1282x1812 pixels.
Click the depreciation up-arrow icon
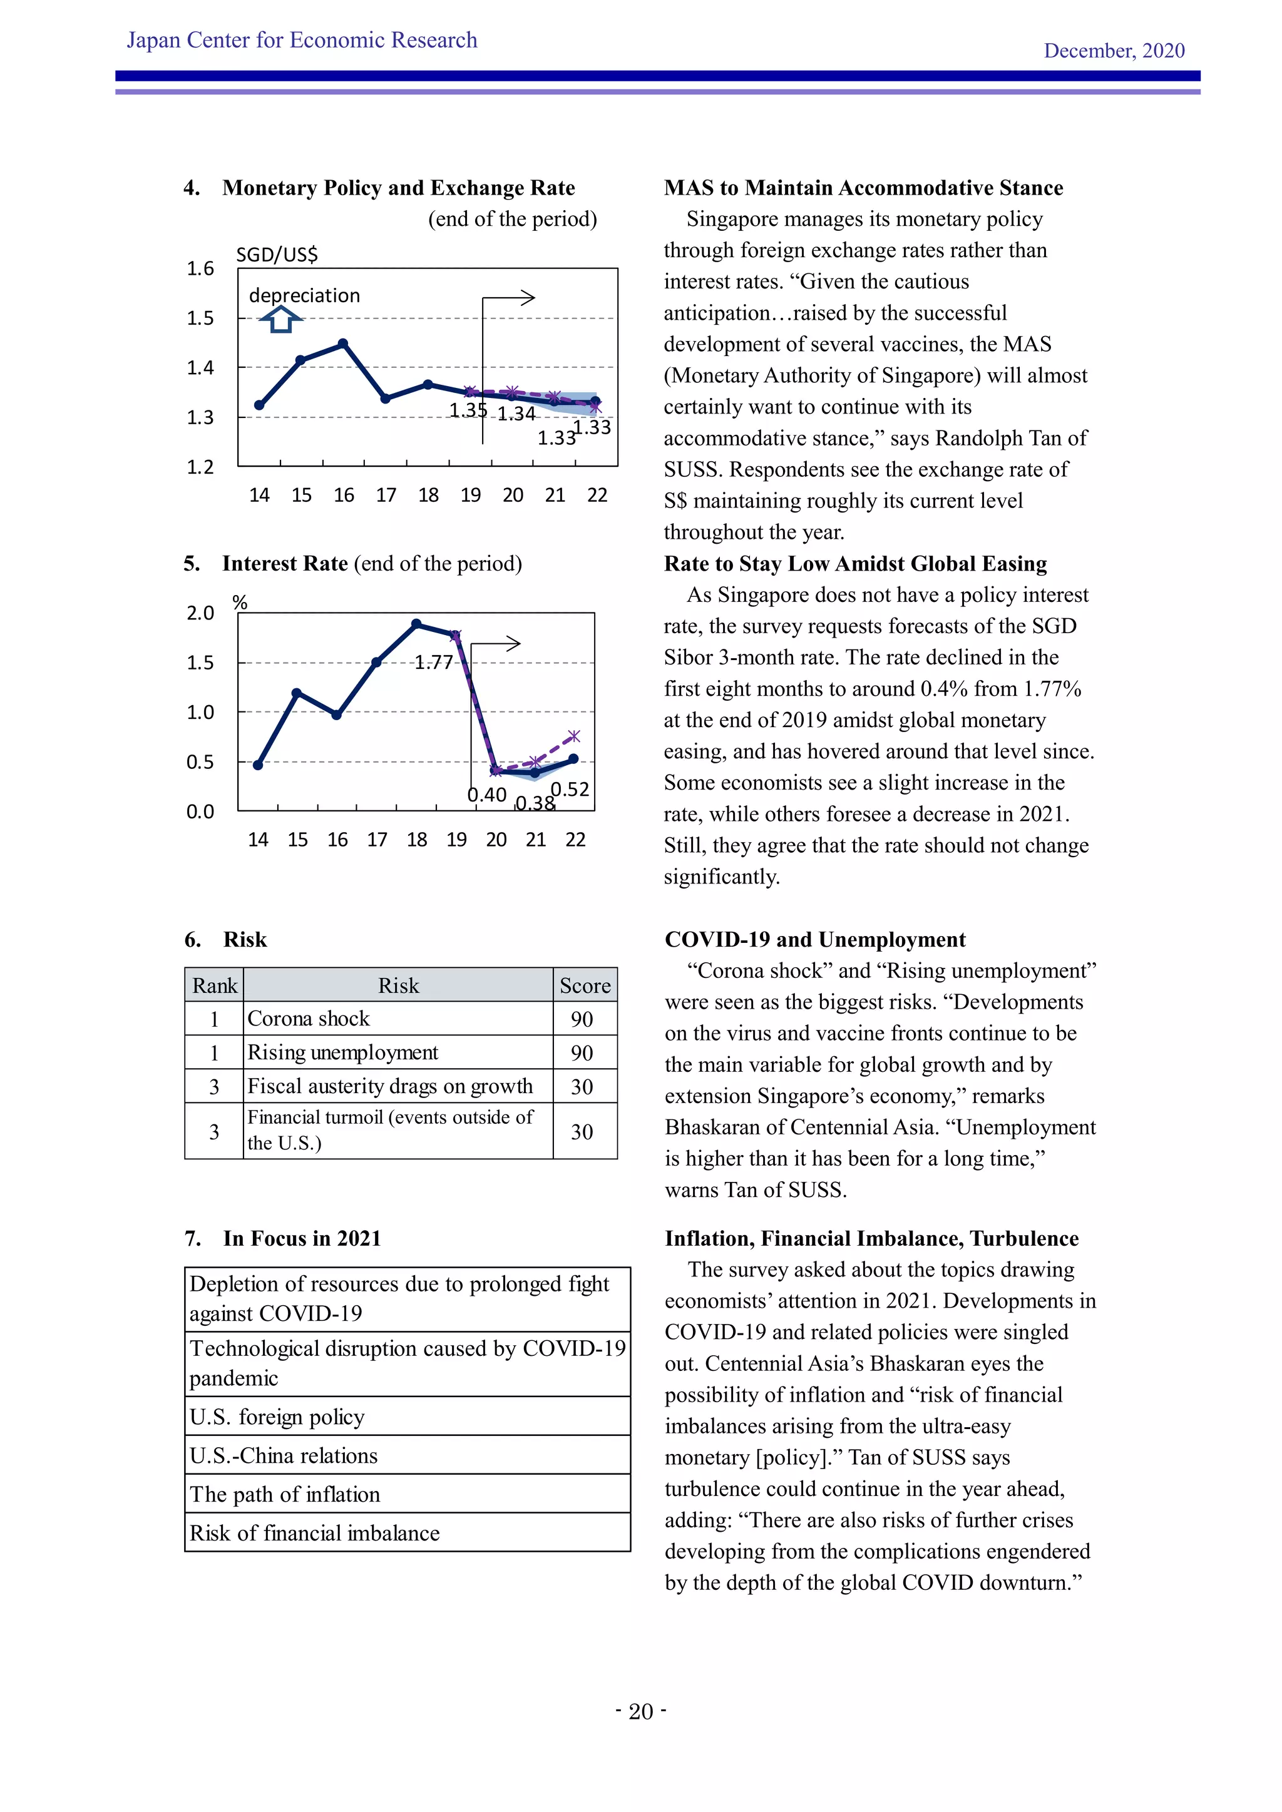click(x=280, y=320)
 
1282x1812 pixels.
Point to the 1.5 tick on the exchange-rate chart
click(x=200, y=318)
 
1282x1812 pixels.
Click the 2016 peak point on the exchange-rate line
click(x=342, y=344)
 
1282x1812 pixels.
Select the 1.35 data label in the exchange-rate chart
click(x=468, y=410)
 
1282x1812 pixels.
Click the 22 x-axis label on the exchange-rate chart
click(x=597, y=495)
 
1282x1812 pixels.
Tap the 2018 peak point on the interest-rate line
click(x=417, y=623)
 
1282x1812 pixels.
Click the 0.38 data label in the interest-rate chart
click(x=535, y=803)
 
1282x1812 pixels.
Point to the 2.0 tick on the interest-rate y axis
click(x=200, y=613)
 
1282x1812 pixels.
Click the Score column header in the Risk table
click(x=584, y=985)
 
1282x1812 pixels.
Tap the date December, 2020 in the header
click(x=1113, y=51)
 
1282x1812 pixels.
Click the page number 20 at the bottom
click(x=640, y=1712)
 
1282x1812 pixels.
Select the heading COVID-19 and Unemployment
click(x=814, y=939)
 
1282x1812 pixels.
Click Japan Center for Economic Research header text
click(x=302, y=40)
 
